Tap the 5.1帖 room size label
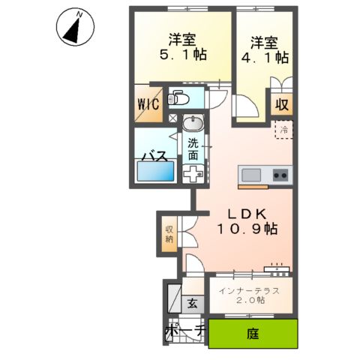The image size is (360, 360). pyautogui.click(x=183, y=55)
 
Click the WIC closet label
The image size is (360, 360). pyautogui.click(x=147, y=104)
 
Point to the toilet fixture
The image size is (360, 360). pyautogui.click(x=180, y=98)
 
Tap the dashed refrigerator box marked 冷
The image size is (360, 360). pyautogui.click(x=283, y=130)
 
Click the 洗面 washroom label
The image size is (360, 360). pyautogui.click(x=193, y=149)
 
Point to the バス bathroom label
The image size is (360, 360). pyautogui.click(x=154, y=155)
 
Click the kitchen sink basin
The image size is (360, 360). pyautogui.click(x=250, y=175)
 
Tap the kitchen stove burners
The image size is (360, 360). pyautogui.click(x=280, y=175)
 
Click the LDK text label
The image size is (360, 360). pyautogui.click(x=234, y=212)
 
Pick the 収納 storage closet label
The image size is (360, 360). pyautogui.click(x=169, y=234)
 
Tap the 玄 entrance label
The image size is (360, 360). pyautogui.click(x=191, y=304)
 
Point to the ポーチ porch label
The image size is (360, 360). pyautogui.click(x=184, y=331)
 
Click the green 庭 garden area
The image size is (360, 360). pyautogui.click(x=252, y=331)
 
